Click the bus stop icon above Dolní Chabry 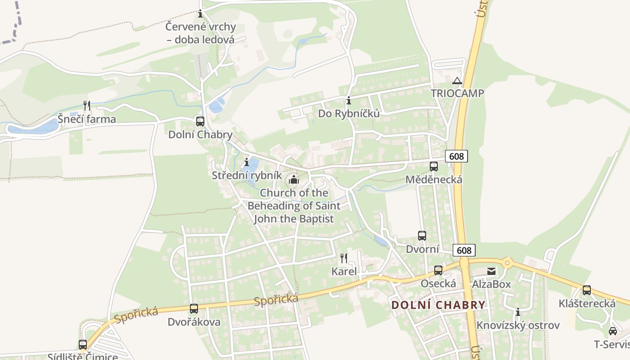[x=200, y=121]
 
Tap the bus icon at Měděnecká [x=434, y=166]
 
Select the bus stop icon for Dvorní [x=422, y=236]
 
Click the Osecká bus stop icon [x=438, y=270]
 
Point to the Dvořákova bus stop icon [x=194, y=309]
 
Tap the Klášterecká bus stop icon [x=587, y=290]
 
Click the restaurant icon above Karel [x=344, y=258]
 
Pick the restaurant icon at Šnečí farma [x=87, y=106]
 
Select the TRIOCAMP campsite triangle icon [x=457, y=81]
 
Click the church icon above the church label [x=294, y=180]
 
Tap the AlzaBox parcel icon [x=491, y=271]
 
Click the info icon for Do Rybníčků [x=348, y=100]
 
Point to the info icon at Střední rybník [x=246, y=162]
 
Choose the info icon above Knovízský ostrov [x=518, y=312]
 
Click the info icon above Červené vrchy [x=200, y=14]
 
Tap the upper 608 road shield [x=456, y=156]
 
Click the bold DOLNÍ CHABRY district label [x=438, y=305]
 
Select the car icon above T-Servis [x=613, y=331]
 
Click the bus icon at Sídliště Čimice [x=83, y=345]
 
